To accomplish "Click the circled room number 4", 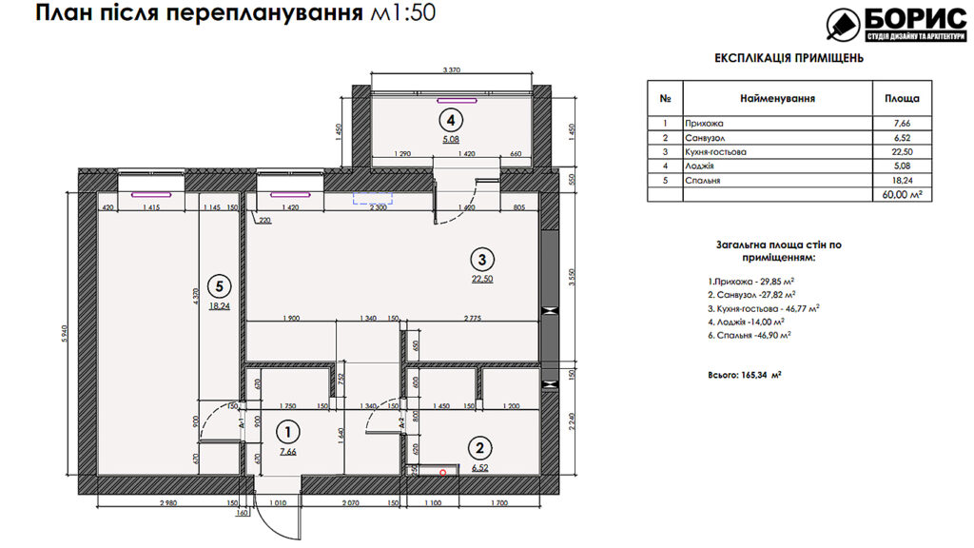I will pos(450,120).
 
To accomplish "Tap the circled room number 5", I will pos(220,284).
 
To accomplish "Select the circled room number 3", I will pos(482,258).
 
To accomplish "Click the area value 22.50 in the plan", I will pos(482,278).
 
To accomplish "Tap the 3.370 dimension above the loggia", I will pos(458,70).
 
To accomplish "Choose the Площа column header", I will pos(902,98).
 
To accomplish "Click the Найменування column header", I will pos(777,98).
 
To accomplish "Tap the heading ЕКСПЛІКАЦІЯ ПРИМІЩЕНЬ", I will pos(789,57).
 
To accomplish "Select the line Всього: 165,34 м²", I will pos(745,375).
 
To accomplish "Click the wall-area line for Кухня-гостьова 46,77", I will pos(764,307).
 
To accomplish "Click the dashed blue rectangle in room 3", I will pos(372,200).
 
